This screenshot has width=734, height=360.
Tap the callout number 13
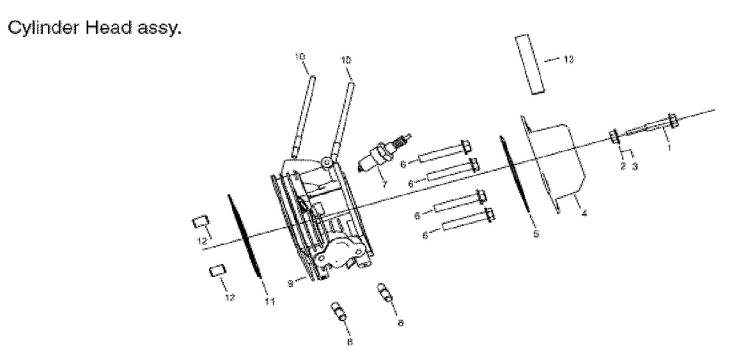(x=568, y=59)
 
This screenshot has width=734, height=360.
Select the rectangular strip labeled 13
(x=530, y=65)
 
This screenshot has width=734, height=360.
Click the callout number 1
(x=669, y=147)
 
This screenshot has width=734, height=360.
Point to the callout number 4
(x=584, y=214)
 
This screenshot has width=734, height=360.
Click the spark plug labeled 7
(x=384, y=153)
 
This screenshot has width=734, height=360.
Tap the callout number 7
(x=384, y=184)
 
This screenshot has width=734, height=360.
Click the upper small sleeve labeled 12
(x=200, y=222)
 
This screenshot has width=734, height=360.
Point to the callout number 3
(x=635, y=166)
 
